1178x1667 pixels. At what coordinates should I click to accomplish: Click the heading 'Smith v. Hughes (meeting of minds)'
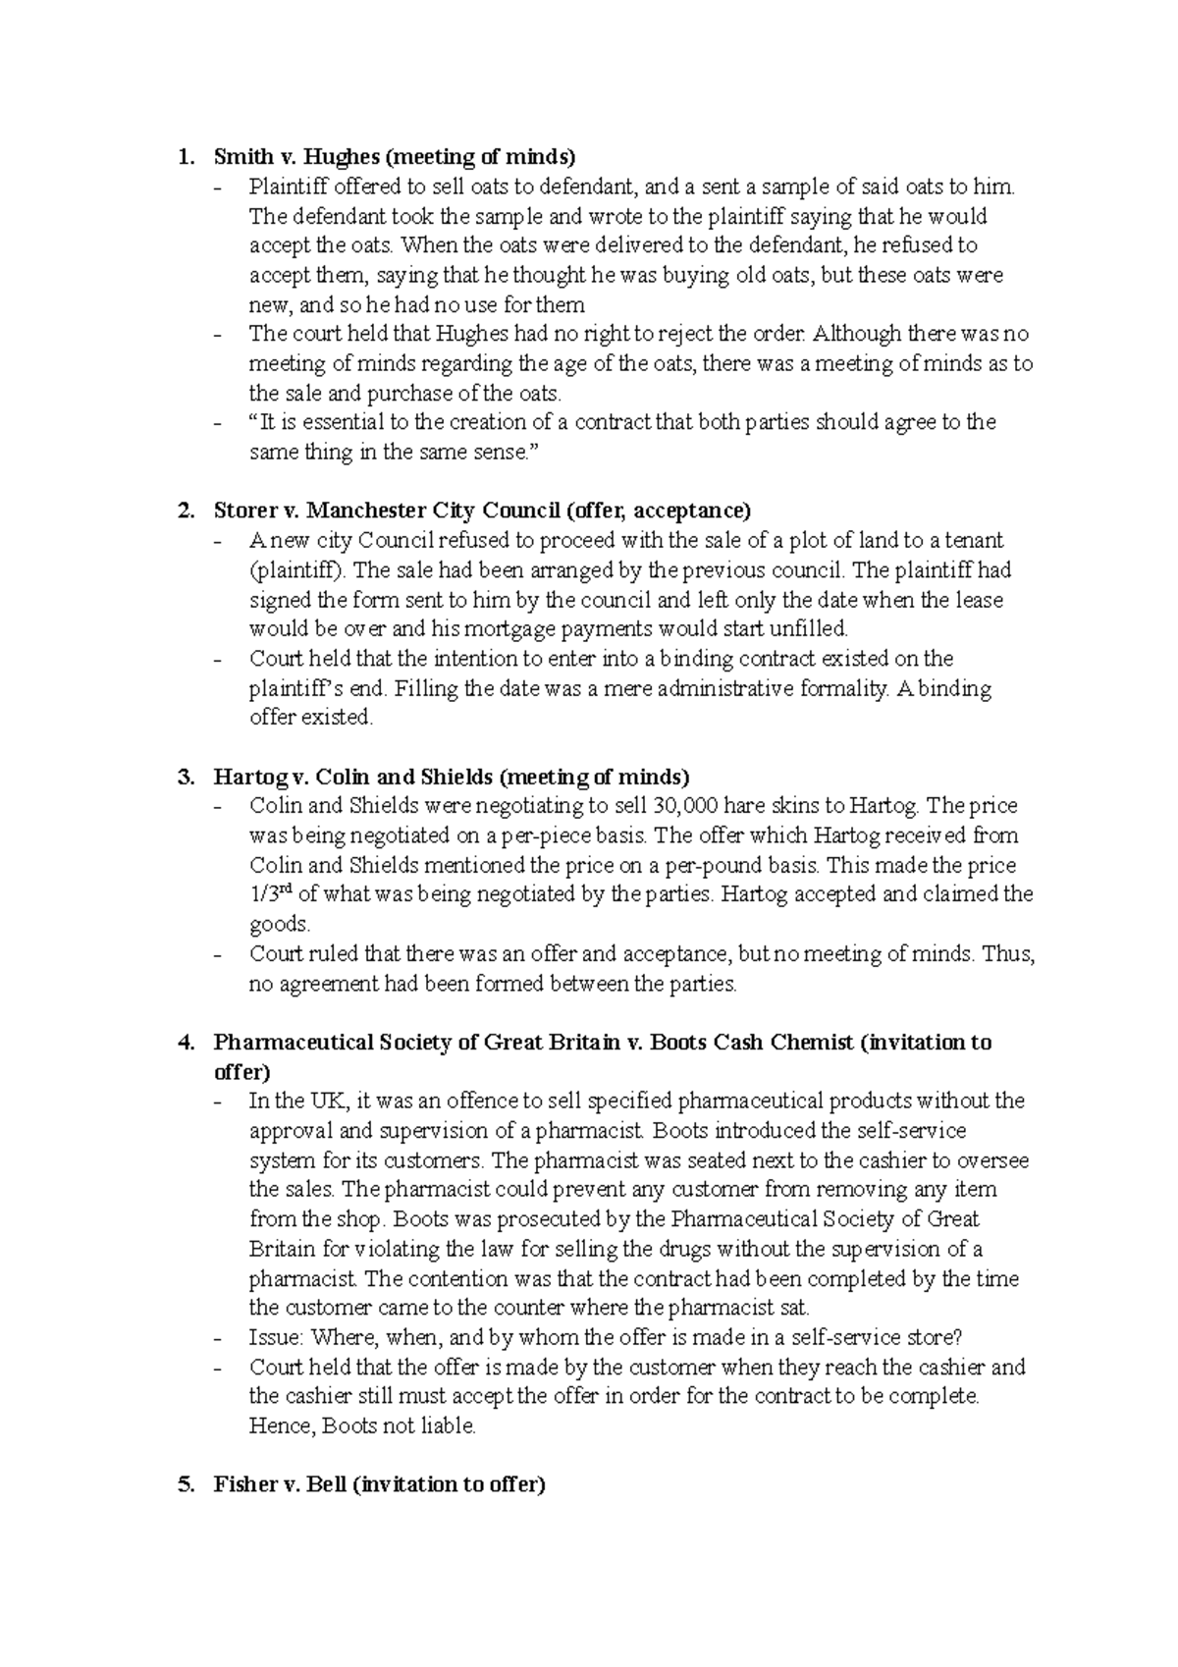pyautogui.click(x=395, y=156)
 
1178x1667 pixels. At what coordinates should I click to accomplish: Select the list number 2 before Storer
pyautogui.click(x=185, y=511)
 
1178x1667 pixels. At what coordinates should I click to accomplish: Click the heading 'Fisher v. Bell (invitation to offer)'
pyautogui.click(x=379, y=1484)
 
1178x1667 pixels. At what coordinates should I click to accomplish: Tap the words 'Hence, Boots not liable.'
pyautogui.click(x=363, y=1425)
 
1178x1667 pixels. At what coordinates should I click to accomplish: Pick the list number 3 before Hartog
pyautogui.click(x=185, y=777)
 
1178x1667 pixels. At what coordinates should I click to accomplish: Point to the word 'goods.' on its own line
pyautogui.click(x=280, y=924)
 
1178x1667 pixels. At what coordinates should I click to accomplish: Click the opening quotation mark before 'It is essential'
pyautogui.click(x=253, y=422)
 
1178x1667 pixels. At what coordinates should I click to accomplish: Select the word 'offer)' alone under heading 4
pyautogui.click(x=241, y=1072)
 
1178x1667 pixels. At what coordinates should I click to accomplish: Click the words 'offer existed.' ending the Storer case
pyautogui.click(x=311, y=718)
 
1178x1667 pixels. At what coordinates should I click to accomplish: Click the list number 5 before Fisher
pyautogui.click(x=185, y=1484)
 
